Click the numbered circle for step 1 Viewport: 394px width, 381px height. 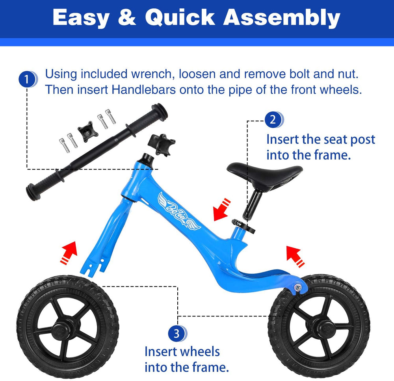tap(27, 79)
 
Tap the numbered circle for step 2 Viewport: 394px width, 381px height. tap(273, 119)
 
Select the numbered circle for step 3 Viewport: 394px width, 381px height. tap(177, 333)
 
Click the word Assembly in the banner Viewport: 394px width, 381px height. tap(282, 18)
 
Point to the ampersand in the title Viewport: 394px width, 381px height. tap(127, 17)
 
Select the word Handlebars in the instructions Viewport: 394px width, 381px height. tap(144, 89)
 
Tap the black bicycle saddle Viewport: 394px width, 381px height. tap(265, 175)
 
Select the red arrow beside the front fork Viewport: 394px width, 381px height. tap(69, 253)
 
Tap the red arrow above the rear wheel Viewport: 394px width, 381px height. tap(295, 256)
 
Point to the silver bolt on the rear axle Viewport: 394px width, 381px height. tap(298, 287)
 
